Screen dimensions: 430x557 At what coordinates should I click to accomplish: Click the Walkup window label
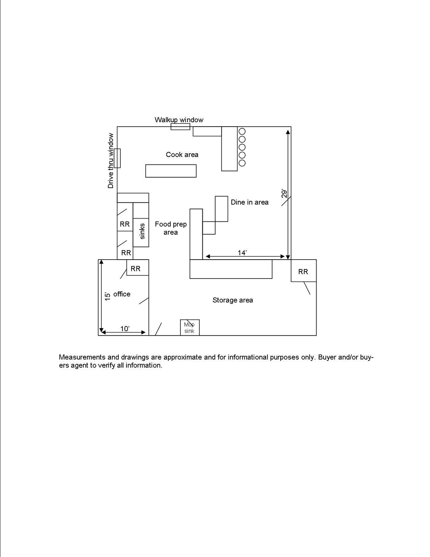point(179,120)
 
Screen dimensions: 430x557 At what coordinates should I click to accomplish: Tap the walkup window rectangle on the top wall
point(181,127)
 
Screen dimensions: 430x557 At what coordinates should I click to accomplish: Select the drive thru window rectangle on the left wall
point(117,158)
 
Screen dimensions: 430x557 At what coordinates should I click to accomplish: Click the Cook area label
point(182,154)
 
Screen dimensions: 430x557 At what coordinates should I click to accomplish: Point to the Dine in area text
point(249,202)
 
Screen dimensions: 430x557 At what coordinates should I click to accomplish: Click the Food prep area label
point(171,228)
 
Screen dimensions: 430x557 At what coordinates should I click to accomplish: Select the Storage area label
point(233,300)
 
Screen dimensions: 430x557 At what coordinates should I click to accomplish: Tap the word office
point(122,294)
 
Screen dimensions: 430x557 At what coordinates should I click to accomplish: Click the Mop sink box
point(190,327)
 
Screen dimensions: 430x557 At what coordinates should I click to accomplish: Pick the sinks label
point(142,231)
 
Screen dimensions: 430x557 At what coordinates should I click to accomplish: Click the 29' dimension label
point(285,194)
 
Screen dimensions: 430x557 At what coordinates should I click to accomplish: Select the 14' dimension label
point(242,253)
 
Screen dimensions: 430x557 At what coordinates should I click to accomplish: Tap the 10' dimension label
point(125,329)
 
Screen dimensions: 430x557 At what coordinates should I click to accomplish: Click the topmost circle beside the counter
point(242,132)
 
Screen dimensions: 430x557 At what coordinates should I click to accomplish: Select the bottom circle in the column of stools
point(242,163)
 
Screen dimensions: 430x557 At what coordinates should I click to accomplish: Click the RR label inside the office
point(136,268)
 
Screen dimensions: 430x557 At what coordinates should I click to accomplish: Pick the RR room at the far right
point(303,271)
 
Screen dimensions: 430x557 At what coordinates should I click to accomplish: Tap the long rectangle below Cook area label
point(171,171)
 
